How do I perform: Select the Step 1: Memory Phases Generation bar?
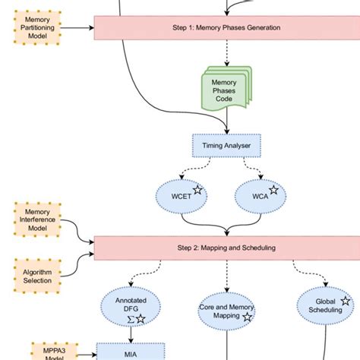226,27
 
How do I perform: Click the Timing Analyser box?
226,145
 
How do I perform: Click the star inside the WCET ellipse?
197,191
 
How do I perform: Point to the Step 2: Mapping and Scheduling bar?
226,248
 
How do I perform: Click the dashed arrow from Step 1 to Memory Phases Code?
226,53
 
